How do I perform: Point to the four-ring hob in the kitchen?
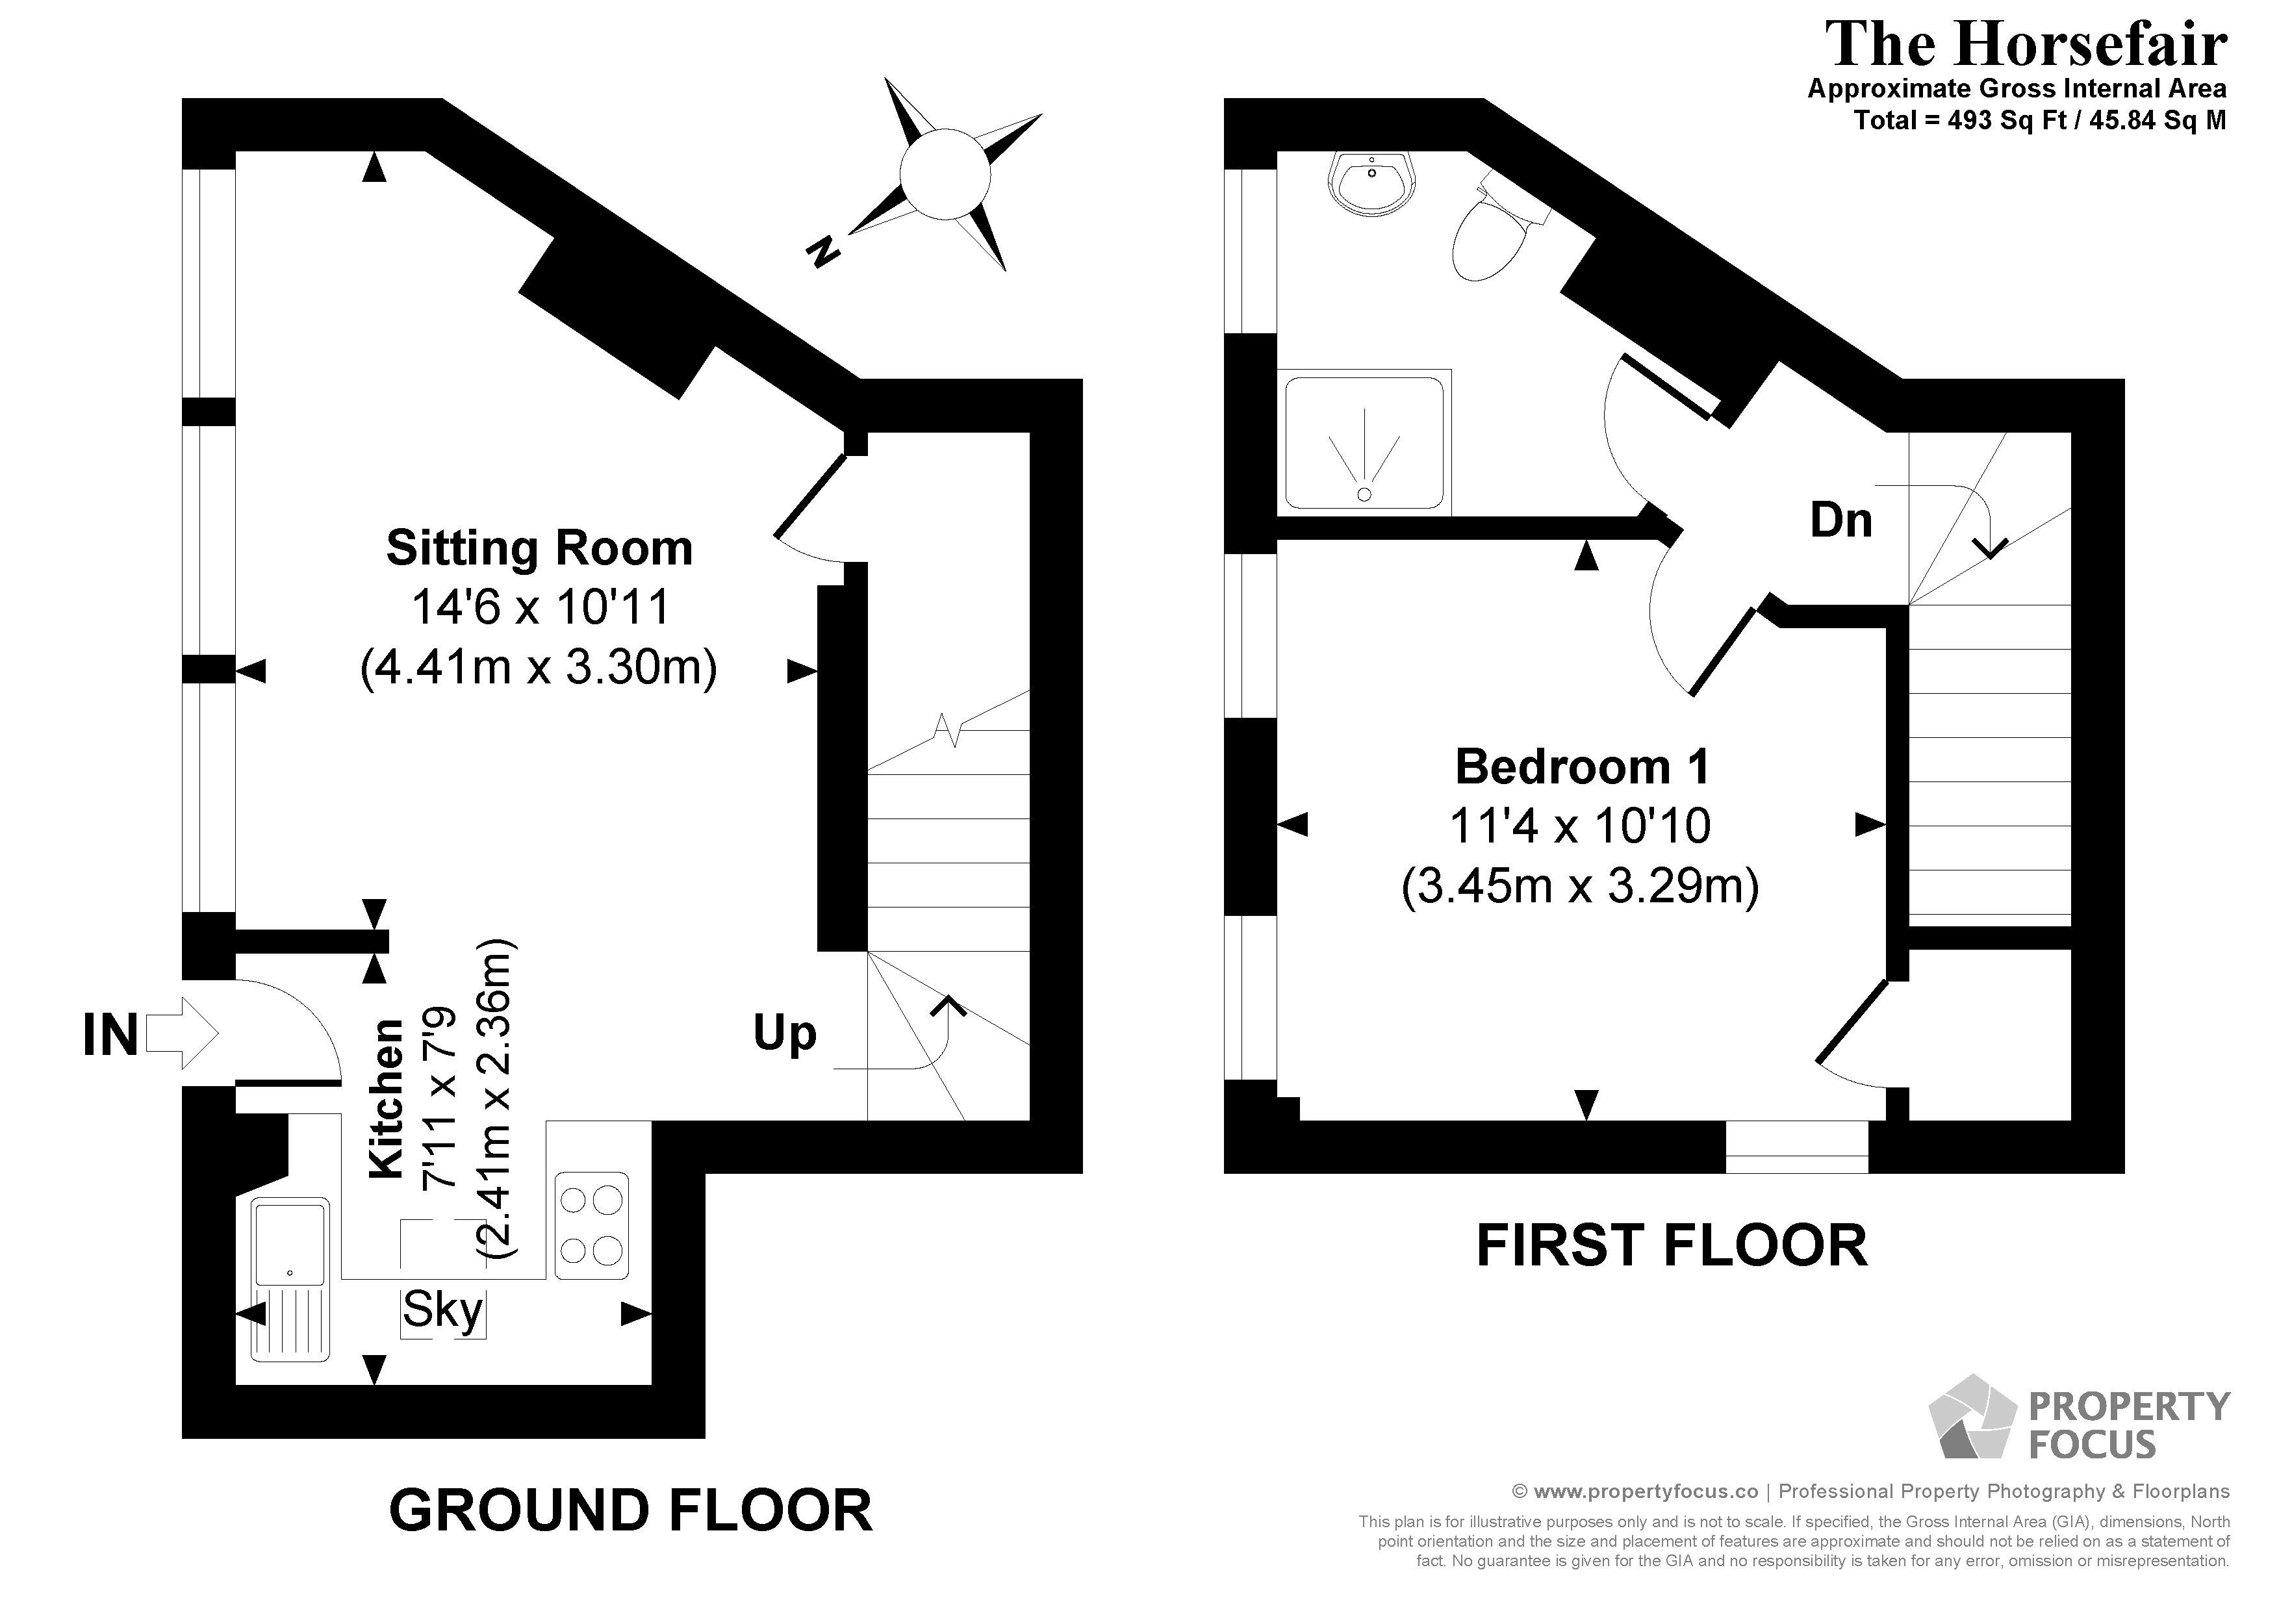tap(592, 1225)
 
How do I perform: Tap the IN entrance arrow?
tap(183, 1034)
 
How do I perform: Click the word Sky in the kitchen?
tap(442, 1310)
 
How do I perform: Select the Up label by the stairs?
tap(784, 1034)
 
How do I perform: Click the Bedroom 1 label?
tap(1582, 767)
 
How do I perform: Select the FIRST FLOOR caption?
tap(1672, 1246)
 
